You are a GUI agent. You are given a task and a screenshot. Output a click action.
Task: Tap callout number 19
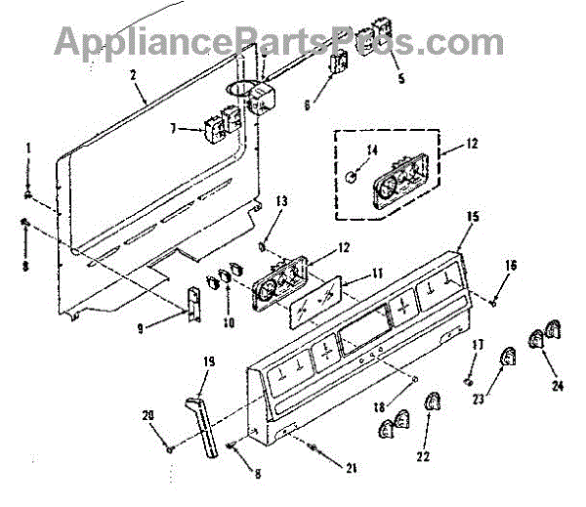coord(208,362)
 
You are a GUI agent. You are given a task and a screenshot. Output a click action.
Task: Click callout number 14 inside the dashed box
coord(370,149)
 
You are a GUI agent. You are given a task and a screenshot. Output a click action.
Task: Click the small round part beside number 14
coord(349,174)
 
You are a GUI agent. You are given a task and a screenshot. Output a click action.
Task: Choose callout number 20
coord(148,416)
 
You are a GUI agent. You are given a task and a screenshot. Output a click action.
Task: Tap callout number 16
coord(511,266)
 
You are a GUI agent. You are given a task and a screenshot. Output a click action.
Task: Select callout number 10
coord(229,319)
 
